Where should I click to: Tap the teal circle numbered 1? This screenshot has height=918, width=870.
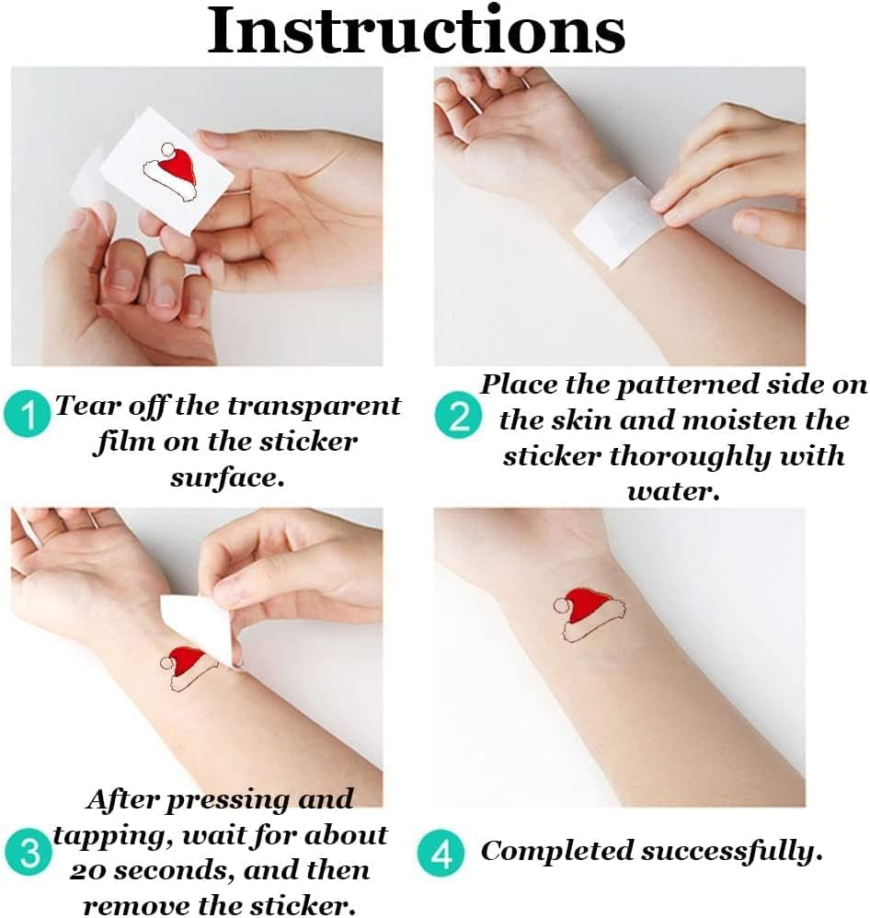click(27, 415)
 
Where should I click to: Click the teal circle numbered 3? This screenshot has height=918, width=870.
click(29, 852)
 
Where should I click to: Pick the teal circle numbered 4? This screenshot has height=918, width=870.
click(441, 853)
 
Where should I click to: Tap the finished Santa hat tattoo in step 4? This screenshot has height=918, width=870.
click(589, 617)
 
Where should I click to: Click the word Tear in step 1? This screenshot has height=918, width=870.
click(76, 406)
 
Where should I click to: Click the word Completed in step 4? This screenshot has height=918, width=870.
click(556, 852)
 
